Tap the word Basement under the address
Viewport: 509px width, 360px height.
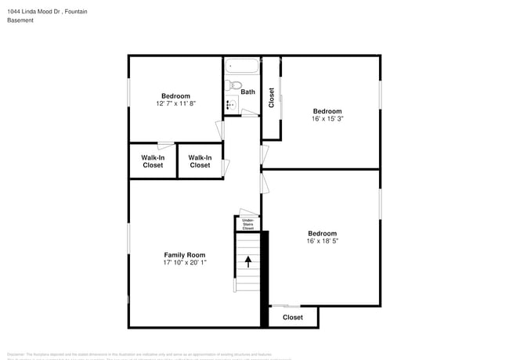click(x=20, y=20)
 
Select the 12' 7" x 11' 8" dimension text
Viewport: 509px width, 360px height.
click(x=175, y=103)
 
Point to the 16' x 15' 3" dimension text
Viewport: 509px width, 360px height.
click(x=327, y=119)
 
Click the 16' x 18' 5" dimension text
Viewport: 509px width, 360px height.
click(x=322, y=241)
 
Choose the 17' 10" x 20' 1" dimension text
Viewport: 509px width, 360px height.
click(x=184, y=262)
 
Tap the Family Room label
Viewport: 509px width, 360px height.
click(x=184, y=254)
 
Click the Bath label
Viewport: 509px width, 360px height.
click(x=247, y=92)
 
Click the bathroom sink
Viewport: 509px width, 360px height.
click(x=231, y=104)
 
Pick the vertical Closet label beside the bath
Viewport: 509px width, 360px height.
click(x=271, y=98)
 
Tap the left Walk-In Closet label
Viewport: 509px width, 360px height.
click(x=153, y=161)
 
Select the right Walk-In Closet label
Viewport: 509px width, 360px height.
click(x=200, y=161)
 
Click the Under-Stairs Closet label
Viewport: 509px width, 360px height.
click(x=247, y=224)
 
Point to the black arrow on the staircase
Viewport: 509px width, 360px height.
click(x=248, y=261)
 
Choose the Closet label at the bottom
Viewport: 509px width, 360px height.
click(x=292, y=317)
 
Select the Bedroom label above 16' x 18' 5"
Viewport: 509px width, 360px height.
click(x=322, y=233)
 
